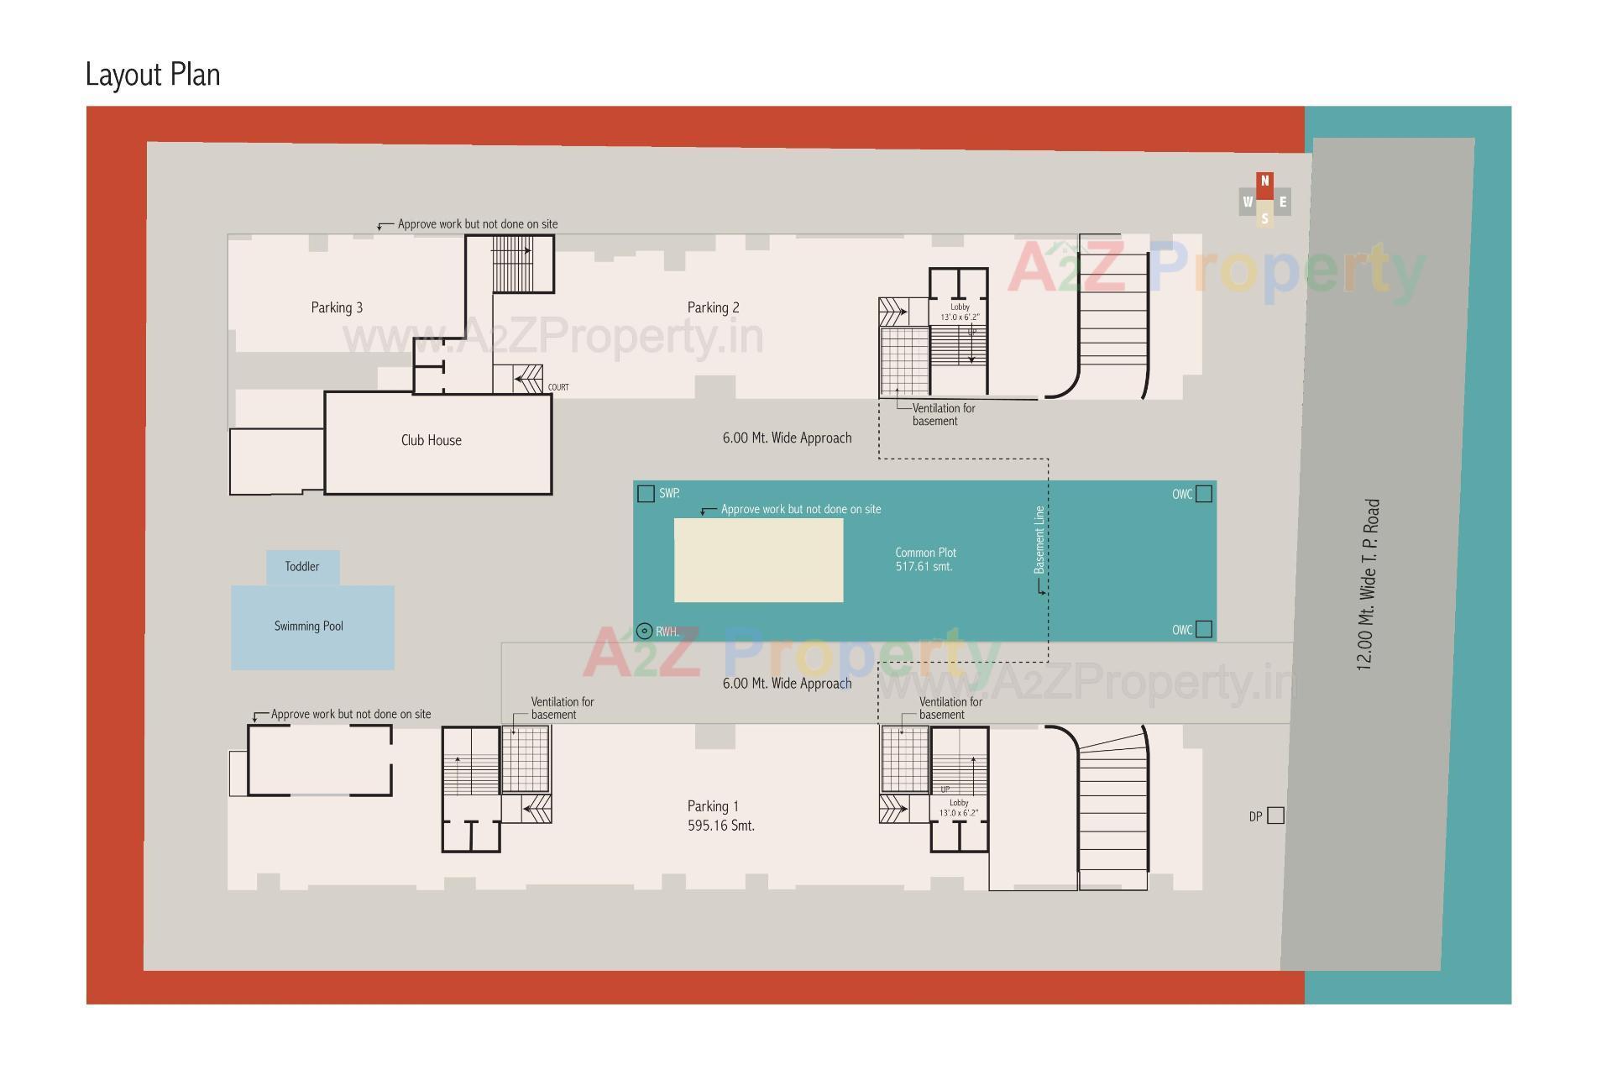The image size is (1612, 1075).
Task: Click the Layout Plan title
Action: coord(153,75)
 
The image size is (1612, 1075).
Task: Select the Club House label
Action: coord(431,440)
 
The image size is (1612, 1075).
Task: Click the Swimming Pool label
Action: coord(308,627)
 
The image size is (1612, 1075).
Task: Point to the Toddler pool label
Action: coord(301,567)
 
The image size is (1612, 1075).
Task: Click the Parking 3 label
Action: coord(337,307)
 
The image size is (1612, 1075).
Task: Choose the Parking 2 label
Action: coord(713,307)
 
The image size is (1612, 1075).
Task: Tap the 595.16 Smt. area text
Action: coord(720,826)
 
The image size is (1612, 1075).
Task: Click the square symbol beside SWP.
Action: coord(646,494)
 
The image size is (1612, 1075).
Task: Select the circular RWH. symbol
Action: coord(644,631)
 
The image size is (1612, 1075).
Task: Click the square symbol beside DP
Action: coord(1275,815)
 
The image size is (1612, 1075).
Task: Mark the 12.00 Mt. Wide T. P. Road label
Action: coord(1368,585)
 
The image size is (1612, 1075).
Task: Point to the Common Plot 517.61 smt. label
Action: coord(925,559)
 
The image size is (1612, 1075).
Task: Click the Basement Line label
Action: coord(1039,540)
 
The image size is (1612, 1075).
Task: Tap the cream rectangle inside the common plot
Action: coord(758,559)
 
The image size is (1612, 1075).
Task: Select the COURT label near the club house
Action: coord(558,387)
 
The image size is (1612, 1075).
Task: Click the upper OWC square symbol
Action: coord(1204,494)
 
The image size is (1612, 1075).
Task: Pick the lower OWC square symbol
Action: coord(1204,629)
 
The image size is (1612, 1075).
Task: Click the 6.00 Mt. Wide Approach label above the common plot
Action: coord(787,438)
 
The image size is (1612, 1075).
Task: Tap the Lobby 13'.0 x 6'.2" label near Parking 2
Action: coord(960,312)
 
